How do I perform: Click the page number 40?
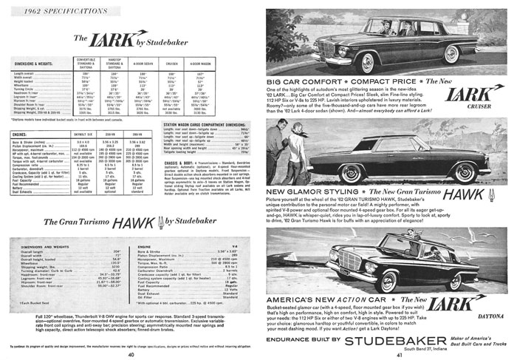click(130, 354)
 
